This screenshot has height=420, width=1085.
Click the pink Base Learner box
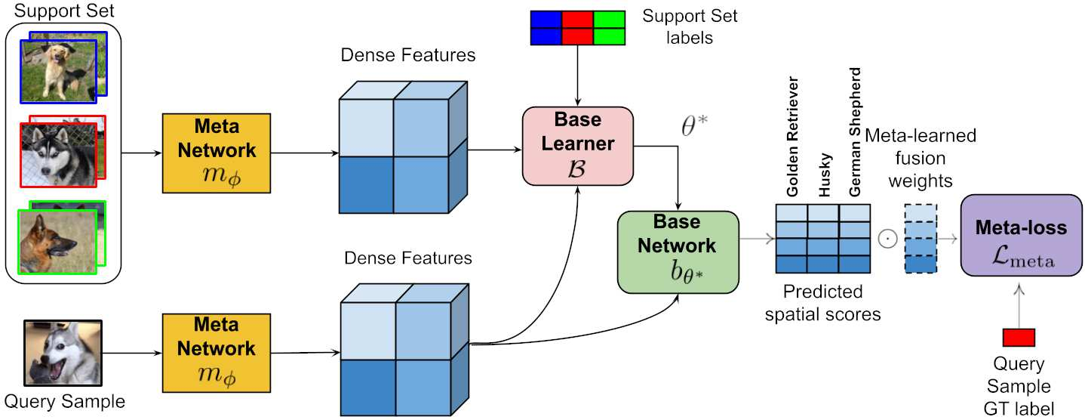pos(577,146)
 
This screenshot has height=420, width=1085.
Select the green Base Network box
pos(678,252)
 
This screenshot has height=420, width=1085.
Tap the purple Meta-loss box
pos(1021,235)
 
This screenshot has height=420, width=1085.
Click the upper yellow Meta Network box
pos(217,153)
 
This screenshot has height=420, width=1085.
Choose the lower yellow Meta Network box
pos(217,353)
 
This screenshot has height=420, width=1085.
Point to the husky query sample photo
pos(63,353)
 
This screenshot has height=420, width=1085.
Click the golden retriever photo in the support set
pos(59,71)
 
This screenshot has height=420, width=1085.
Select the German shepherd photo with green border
pos(57,242)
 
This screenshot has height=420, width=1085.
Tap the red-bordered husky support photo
pos(59,155)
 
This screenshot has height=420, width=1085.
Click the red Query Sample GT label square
pos(1019,338)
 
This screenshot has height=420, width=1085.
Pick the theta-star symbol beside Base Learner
pos(694,125)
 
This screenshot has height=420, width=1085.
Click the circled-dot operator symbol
pos(887,239)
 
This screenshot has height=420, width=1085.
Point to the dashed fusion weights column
pos(921,239)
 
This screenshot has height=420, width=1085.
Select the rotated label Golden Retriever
pos(792,136)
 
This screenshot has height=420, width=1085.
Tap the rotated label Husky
pos(825,175)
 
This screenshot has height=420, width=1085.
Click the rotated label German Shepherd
pos(855,132)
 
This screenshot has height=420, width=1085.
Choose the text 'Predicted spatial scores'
pos(822,303)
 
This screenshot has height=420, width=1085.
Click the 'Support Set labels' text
pos(690,26)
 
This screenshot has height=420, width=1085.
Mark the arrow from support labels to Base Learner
pos(577,76)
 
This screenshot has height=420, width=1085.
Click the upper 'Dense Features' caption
pos(408,55)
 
